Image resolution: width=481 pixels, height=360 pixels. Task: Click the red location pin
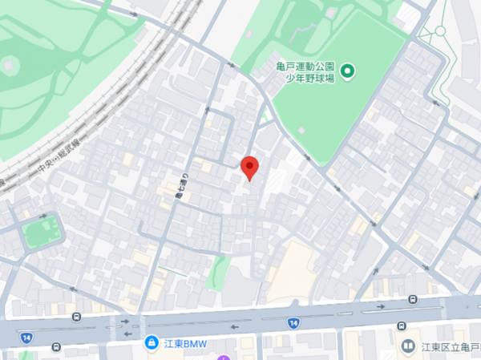pos(249,167)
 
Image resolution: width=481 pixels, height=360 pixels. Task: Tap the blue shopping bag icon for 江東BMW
pos(150,343)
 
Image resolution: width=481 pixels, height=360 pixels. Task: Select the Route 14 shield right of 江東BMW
pos(293,322)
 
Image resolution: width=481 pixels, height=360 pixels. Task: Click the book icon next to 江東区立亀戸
pos(408,346)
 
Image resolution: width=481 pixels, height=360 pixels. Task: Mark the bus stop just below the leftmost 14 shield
pos(56,347)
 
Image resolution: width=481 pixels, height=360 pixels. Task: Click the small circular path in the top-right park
pos(439,32)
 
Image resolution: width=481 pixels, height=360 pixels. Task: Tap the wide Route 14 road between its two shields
pos(160,325)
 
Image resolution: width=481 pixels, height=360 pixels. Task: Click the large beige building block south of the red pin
pos(298,265)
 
